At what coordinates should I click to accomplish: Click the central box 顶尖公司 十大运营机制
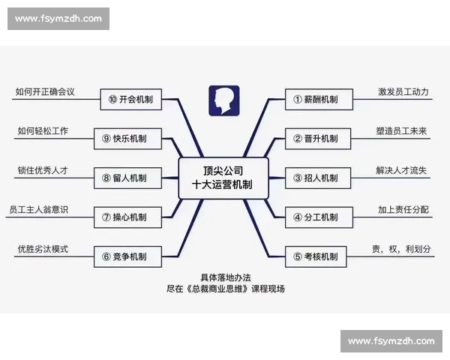223,178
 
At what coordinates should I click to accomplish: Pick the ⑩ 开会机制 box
135,99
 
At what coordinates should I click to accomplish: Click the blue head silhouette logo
223,100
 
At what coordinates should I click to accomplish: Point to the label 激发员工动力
403,91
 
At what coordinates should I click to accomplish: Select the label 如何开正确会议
45,91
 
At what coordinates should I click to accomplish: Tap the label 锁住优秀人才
43,170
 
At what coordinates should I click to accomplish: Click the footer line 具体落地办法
225,277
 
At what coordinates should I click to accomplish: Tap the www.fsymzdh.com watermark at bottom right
391,341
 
